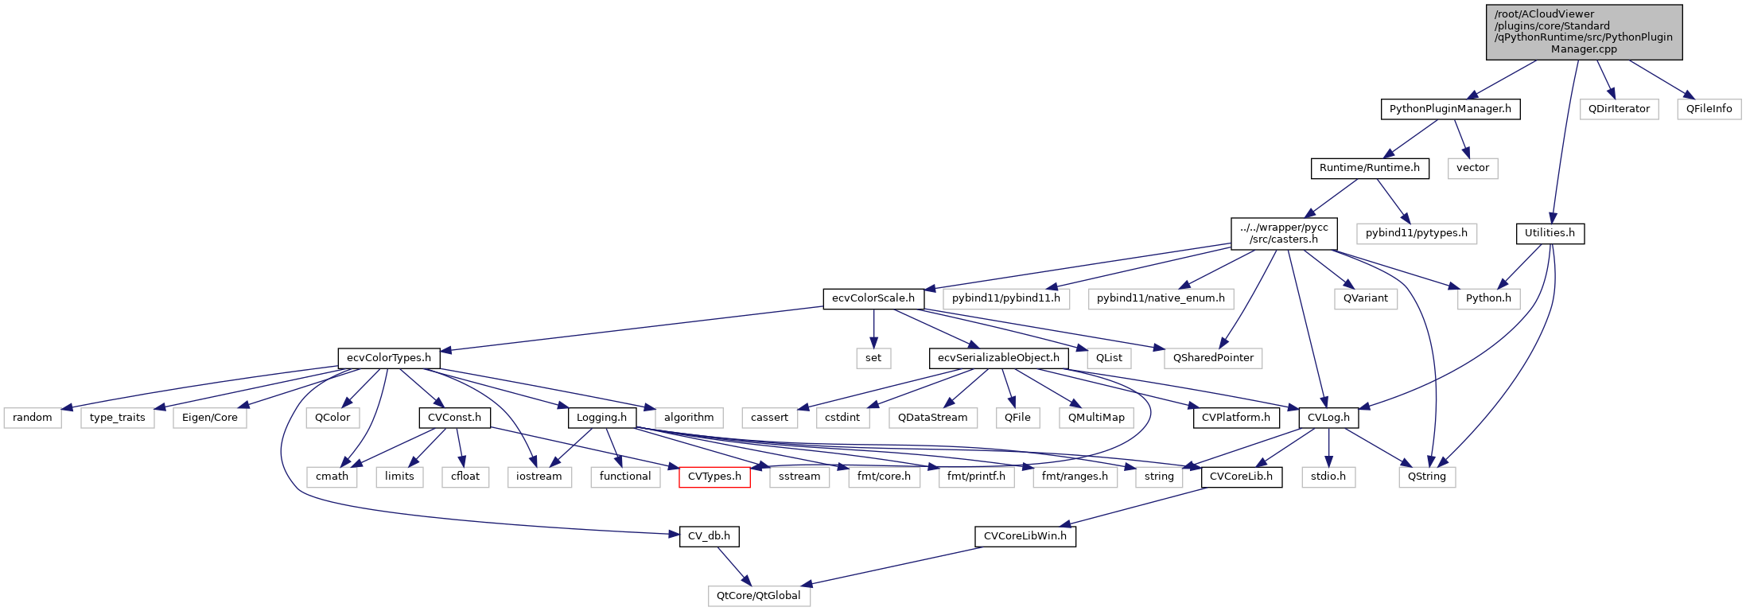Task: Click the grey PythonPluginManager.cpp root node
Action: pyautogui.click(x=1584, y=32)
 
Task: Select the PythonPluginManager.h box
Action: pyautogui.click(x=1449, y=109)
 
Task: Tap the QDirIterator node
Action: pyautogui.click(x=1619, y=109)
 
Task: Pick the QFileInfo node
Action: pyautogui.click(x=1709, y=109)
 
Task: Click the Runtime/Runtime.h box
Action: pyautogui.click(x=1369, y=168)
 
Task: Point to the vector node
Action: pyautogui.click(x=1472, y=168)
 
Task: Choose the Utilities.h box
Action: pyautogui.click(x=1549, y=233)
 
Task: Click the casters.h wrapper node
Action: pyautogui.click(x=1283, y=233)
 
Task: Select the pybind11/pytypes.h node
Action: pyautogui.click(x=1416, y=233)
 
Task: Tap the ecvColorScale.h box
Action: pyautogui.click(x=873, y=298)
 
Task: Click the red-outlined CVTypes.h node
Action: pyautogui.click(x=714, y=477)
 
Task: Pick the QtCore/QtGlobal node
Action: pyautogui.click(x=758, y=596)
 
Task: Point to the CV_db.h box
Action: pyautogui.click(x=708, y=536)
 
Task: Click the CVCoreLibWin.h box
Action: pyautogui.click(x=1025, y=536)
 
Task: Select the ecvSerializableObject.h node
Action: pyautogui.click(x=997, y=358)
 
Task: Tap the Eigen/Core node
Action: pyautogui.click(x=209, y=418)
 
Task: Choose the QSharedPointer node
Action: pyautogui.click(x=1212, y=358)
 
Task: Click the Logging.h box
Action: pyautogui.click(x=601, y=418)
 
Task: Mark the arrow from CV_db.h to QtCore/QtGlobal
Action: pyautogui.click(x=733, y=566)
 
